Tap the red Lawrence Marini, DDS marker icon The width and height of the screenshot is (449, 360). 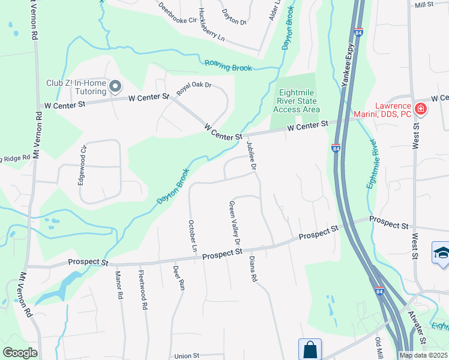point(421,109)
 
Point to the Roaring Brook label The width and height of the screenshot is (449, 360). point(228,66)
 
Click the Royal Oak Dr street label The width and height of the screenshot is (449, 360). point(194,89)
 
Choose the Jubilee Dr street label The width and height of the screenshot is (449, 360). point(252,158)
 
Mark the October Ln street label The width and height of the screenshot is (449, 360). point(193,236)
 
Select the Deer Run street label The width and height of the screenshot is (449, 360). point(178,278)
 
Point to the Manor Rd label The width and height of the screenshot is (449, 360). point(119,286)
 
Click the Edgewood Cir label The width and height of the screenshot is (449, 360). point(82,165)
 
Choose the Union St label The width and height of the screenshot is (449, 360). point(187,355)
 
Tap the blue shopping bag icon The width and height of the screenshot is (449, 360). point(310,349)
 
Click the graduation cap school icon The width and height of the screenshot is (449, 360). point(441,252)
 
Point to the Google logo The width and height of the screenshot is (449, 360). point(20,353)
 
